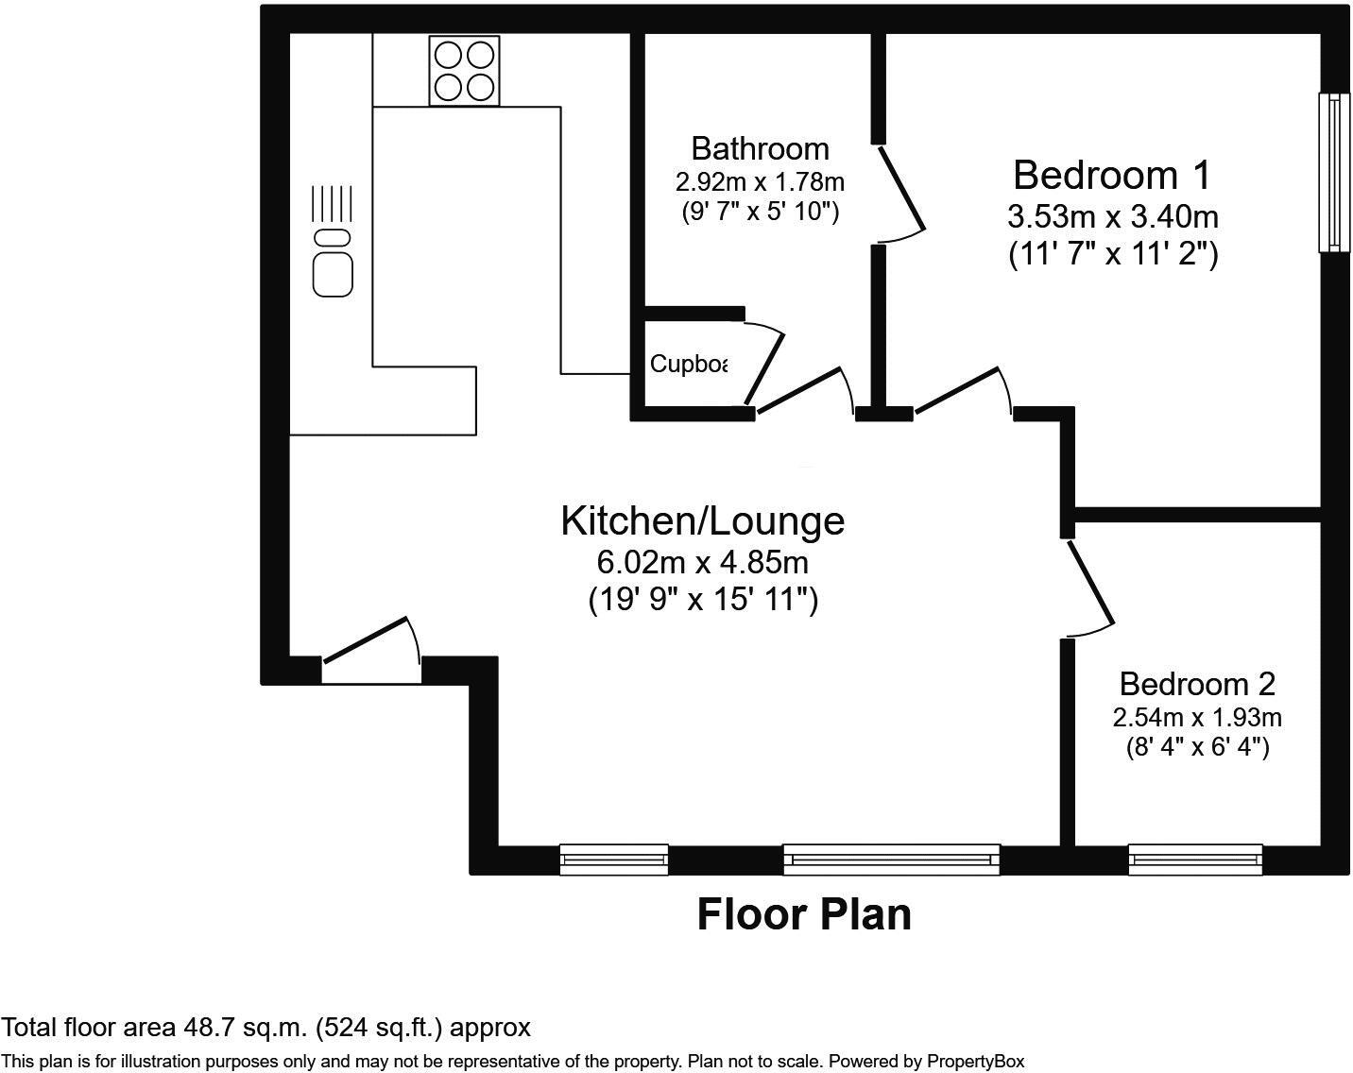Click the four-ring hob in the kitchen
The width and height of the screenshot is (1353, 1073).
pyautogui.click(x=464, y=71)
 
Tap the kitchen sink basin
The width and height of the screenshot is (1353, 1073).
pyautogui.click(x=333, y=272)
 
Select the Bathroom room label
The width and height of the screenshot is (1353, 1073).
pyautogui.click(x=760, y=148)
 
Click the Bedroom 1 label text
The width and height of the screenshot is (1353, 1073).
pyautogui.click(x=1111, y=176)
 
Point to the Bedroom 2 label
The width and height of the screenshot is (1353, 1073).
pyautogui.click(x=1197, y=683)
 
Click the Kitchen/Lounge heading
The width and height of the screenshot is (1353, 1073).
pyautogui.click(x=702, y=520)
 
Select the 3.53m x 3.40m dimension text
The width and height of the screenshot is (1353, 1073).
pyautogui.click(x=1112, y=217)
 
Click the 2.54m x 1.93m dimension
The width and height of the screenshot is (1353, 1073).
pyautogui.click(x=1197, y=718)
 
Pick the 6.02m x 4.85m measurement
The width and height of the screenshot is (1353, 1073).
pyautogui.click(x=702, y=563)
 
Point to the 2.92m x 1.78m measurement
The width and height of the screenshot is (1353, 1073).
pyautogui.click(x=760, y=180)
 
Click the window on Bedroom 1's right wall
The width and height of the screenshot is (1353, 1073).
pyautogui.click(x=1332, y=172)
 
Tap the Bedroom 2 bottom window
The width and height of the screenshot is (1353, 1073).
pyautogui.click(x=1195, y=859)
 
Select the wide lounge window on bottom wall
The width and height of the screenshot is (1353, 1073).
pyautogui.click(x=891, y=859)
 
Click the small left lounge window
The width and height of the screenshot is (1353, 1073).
pyautogui.click(x=614, y=859)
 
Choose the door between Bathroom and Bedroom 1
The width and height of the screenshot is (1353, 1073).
pyautogui.click(x=899, y=189)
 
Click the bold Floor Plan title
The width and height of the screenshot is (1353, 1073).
pyautogui.click(x=804, y=914)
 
